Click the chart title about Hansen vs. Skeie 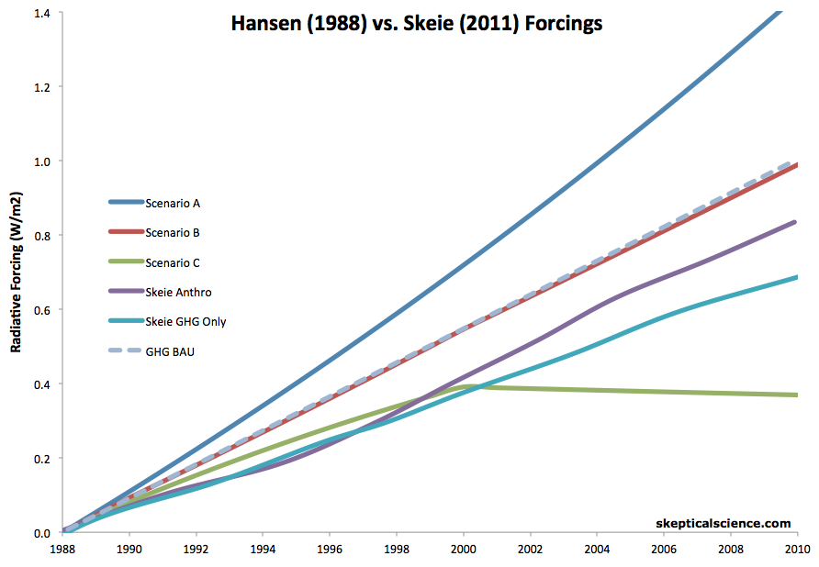pos(416,24)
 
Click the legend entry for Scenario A pos(173,203)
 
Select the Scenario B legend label pos(173,233)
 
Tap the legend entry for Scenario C pos(173,262)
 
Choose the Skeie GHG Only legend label pos(185,321)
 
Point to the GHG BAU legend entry pos(169,350)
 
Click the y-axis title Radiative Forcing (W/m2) pos(16,273)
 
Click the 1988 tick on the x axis pos(62,550)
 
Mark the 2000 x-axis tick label pos(464,550)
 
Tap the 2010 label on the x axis pos(795,550)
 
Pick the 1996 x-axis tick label pos(330,550)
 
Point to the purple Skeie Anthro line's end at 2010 pos(794,222)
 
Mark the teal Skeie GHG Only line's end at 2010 pos(794,277)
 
